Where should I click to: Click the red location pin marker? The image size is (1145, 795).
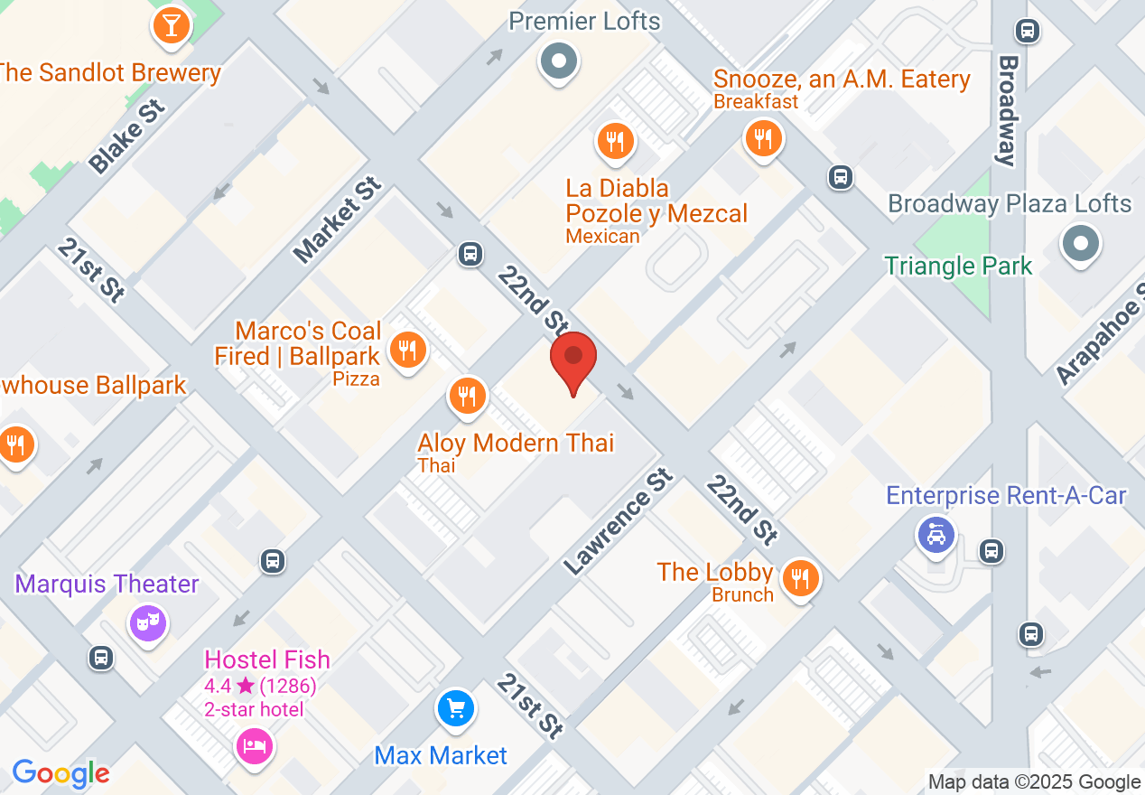pos(573,358)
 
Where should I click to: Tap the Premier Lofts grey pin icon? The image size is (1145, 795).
pos(559,61)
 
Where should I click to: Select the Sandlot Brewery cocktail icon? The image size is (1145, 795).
pos(171,24)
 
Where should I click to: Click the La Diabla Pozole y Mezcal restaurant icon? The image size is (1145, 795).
pos(615,140)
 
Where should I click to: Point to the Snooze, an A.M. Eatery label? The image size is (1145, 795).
pos(842,79)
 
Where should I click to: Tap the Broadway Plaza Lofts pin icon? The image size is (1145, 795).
pos(1080,243)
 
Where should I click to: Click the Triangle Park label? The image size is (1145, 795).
pos(957,266)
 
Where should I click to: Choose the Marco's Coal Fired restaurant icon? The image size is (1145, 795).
pos(408,348)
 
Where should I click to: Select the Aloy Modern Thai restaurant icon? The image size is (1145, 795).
pos(467,395)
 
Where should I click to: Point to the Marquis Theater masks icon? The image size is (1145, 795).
pos(148,622)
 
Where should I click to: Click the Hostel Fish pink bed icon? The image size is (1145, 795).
pos(255,745)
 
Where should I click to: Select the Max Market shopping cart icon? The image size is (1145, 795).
pos(456,707)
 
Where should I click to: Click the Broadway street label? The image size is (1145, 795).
pos(1008,110)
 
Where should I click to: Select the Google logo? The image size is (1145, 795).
pos(61,773)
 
